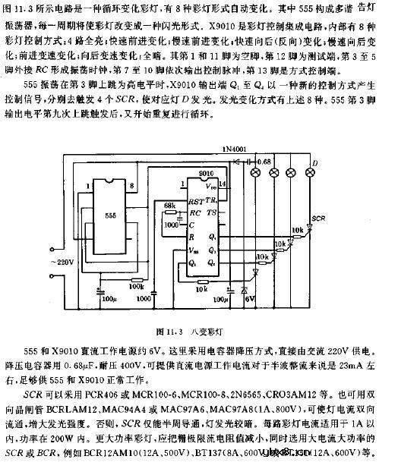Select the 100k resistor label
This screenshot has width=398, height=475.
click(136, 287)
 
